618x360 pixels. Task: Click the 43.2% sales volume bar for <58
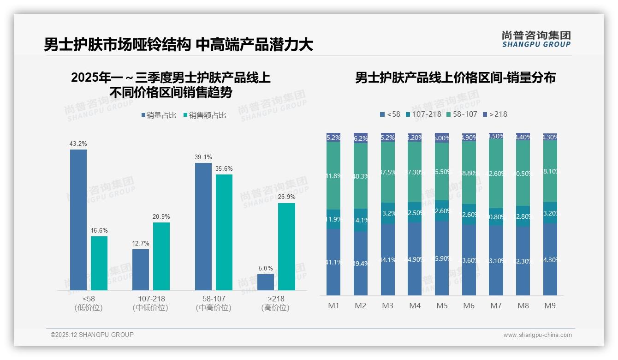78,220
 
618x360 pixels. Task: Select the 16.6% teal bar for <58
99,263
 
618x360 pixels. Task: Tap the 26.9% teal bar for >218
286,246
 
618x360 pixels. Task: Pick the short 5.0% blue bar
266,282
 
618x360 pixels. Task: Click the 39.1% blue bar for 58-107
203,226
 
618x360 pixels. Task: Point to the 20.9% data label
161,217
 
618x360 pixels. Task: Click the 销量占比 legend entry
158,115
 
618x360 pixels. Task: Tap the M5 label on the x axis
442,306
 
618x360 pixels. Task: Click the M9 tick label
550,306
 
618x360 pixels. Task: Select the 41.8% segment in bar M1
333,176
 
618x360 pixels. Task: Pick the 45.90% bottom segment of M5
442,258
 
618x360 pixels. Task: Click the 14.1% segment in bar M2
361,220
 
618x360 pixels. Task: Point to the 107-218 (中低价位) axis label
150,303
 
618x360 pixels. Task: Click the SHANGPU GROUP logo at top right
536,39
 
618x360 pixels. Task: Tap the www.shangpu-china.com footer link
537,335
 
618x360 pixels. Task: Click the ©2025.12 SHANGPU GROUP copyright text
92,335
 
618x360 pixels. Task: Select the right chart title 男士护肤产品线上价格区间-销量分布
455,78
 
